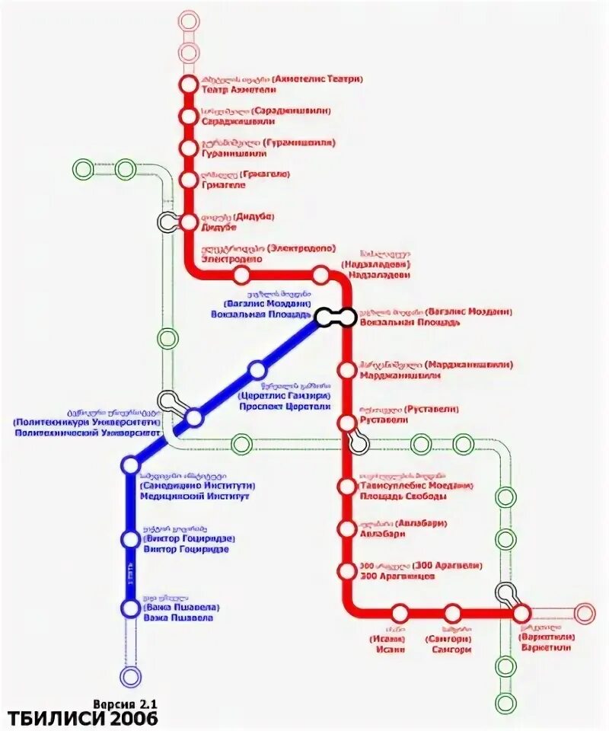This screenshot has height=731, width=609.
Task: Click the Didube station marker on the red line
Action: pyautogui.click(x=188, y=222)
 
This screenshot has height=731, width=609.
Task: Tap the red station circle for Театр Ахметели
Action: pyautogui.click(x=188, y=85)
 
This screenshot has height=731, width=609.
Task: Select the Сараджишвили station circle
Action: pyautogui.click(x=188, y=117)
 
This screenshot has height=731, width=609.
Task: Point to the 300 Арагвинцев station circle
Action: pyautogui.click(x=347, y=570)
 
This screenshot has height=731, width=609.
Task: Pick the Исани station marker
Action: pyautogui.click(x=400, y=613)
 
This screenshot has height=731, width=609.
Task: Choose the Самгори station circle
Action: pyautogui.click(x=453, y=613)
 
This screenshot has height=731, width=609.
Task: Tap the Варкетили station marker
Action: pyautogui.click(x=521, y=613)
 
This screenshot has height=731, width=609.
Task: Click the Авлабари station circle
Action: pyautogui.click(x=347, y=528)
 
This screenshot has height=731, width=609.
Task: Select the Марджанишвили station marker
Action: pyautogui.click(x=347, y=370)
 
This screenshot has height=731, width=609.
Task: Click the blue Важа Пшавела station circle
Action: pyautogui.click(x=131, y=608)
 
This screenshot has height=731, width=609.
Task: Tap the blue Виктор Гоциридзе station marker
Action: pyautogui.click(x=131, y=539)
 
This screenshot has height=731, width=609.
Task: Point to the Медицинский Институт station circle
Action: pyautogui.click(x=131, y=464)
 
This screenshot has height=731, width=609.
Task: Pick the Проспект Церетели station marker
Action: pyautogui.click(x=257, y=370)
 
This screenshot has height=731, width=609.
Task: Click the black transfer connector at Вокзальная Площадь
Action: pyautogui.click(x=335, y=317)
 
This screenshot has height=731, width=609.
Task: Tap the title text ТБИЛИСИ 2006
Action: pyautogui.click(x=84, y=718)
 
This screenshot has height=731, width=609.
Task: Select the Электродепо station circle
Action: pyautogui.click(x=241, y=274)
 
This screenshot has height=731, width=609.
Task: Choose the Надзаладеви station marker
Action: pyautogui.click(x=320, y=274)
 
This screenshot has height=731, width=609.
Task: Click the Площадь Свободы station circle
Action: pyautogui.click(x=347, y=487)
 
